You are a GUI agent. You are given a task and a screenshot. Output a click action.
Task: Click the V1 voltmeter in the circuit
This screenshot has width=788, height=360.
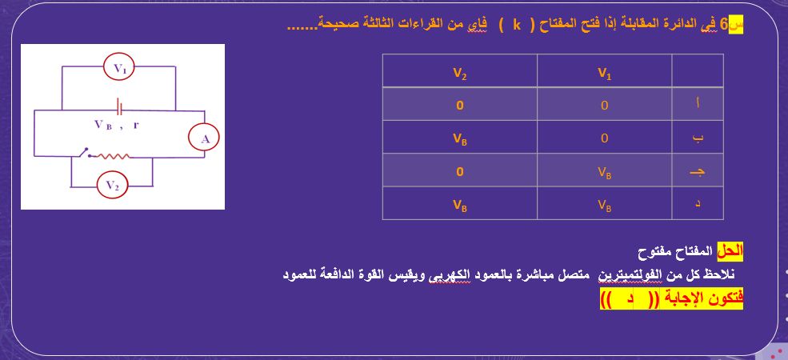[x=120, y=70]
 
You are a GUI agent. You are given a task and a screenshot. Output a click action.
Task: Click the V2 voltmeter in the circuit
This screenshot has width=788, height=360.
[x=112, y=186]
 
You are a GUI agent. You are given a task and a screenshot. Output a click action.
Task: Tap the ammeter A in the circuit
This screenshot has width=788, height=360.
[x=205, y=139]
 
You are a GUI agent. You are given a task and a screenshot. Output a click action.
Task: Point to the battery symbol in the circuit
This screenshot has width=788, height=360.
[x=120, y=107]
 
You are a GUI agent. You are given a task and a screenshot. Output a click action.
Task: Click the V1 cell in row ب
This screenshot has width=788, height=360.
[x=605, y=138]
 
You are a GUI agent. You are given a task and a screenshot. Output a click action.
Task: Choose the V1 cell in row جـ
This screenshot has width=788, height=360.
[x=605, y=171]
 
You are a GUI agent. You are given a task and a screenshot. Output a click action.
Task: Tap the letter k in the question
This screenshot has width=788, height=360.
[x=517, y=24]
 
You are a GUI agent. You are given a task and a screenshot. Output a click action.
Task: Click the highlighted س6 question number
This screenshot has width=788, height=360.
[x=732, y=24]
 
